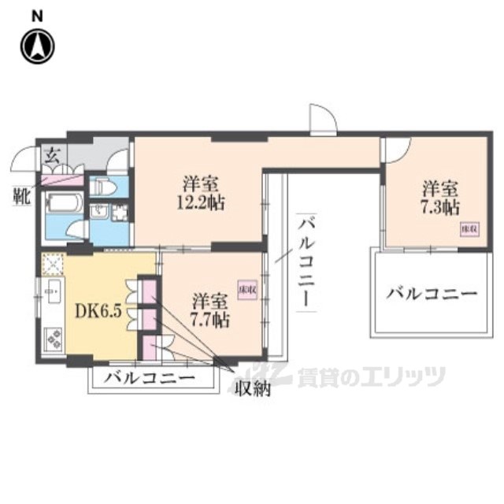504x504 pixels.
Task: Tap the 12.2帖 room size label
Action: pyautogui.click(x=202, y=202)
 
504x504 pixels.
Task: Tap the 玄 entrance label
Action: pyautogui.click(x=50, y=154)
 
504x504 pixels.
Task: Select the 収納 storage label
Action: pyautogui.click(x=251, y=388)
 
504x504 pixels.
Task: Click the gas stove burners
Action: pyautogui.click(x=54, y=338)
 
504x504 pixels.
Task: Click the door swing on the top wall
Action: pyautogui.click(x=322, y=118)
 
